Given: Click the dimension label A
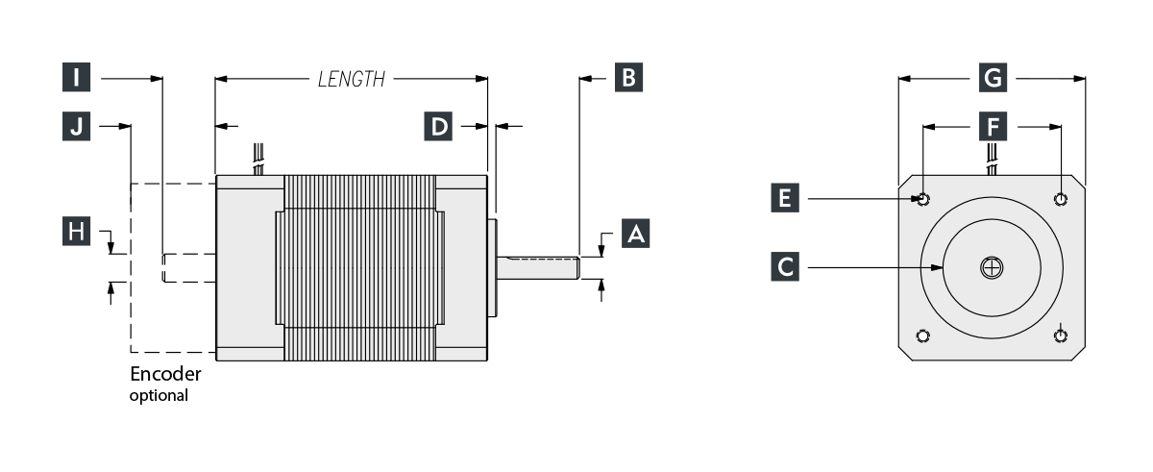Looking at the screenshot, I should pyautogui.click(x=634, y=234).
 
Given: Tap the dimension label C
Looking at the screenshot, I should pyautogui.click(x=786, y=266).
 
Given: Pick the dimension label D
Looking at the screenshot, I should pyautogui.click(x=439, y=125).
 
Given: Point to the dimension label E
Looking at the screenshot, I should pyautogui.click(x=786, y=199).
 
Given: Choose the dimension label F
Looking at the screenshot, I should pyautogui.click(x=992, y=125).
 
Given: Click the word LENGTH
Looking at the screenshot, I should pyautogui.click(x=352, y=80).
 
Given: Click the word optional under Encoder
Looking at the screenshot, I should pyautogui.click(x=159, y=394).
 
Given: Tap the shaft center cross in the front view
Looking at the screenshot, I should pyautogui.click(x=992, y=268).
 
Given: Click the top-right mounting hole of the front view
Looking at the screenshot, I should pyautogui.click(x=1060, y=199).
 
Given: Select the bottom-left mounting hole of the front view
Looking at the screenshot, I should pyautogui.click(x=923, y=335).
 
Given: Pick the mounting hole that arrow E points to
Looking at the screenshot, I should pyautogui.click(x=923, y=199).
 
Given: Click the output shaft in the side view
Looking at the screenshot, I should pyautogui.click(x=538, y=267).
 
